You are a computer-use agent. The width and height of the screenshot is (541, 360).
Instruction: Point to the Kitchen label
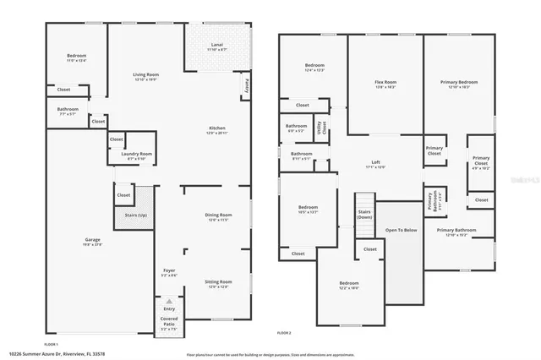click(217, 128)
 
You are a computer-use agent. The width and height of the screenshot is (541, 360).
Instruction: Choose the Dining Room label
click(218, 215)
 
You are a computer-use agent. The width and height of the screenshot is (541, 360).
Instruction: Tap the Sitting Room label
click(218, 282)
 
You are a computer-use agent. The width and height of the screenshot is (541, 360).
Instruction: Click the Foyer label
click(169, 270)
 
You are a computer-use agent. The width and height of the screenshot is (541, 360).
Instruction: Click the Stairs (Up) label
click(135, 216)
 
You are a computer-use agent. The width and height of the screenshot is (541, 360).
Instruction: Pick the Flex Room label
click(385, 82)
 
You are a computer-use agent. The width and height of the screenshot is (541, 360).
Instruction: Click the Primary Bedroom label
click(459, 82)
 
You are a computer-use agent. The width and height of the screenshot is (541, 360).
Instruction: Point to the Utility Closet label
click(320, 128)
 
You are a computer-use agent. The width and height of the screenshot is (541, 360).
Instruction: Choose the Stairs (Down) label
click(364, 215)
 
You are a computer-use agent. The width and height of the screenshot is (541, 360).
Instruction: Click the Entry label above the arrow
click(169, 309)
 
